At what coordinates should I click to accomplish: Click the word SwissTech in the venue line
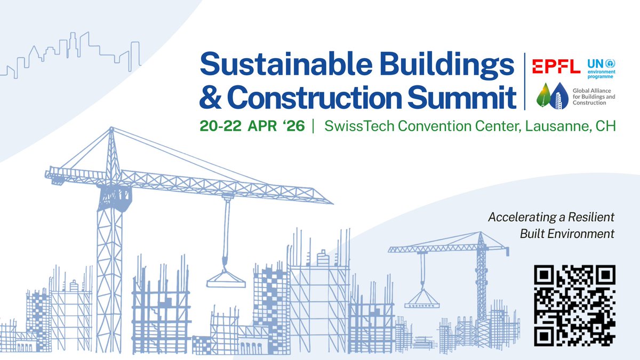point(355,126)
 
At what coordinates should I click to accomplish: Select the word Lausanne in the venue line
point(553,126)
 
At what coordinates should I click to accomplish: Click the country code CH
point(604,126)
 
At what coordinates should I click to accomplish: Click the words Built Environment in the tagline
point(567,234)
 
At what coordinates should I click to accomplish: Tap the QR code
point(575,305)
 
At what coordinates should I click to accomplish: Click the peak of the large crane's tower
point(111,130)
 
